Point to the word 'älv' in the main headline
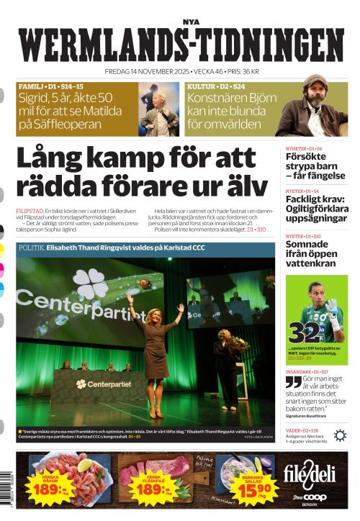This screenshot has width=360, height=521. coord(248,186)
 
